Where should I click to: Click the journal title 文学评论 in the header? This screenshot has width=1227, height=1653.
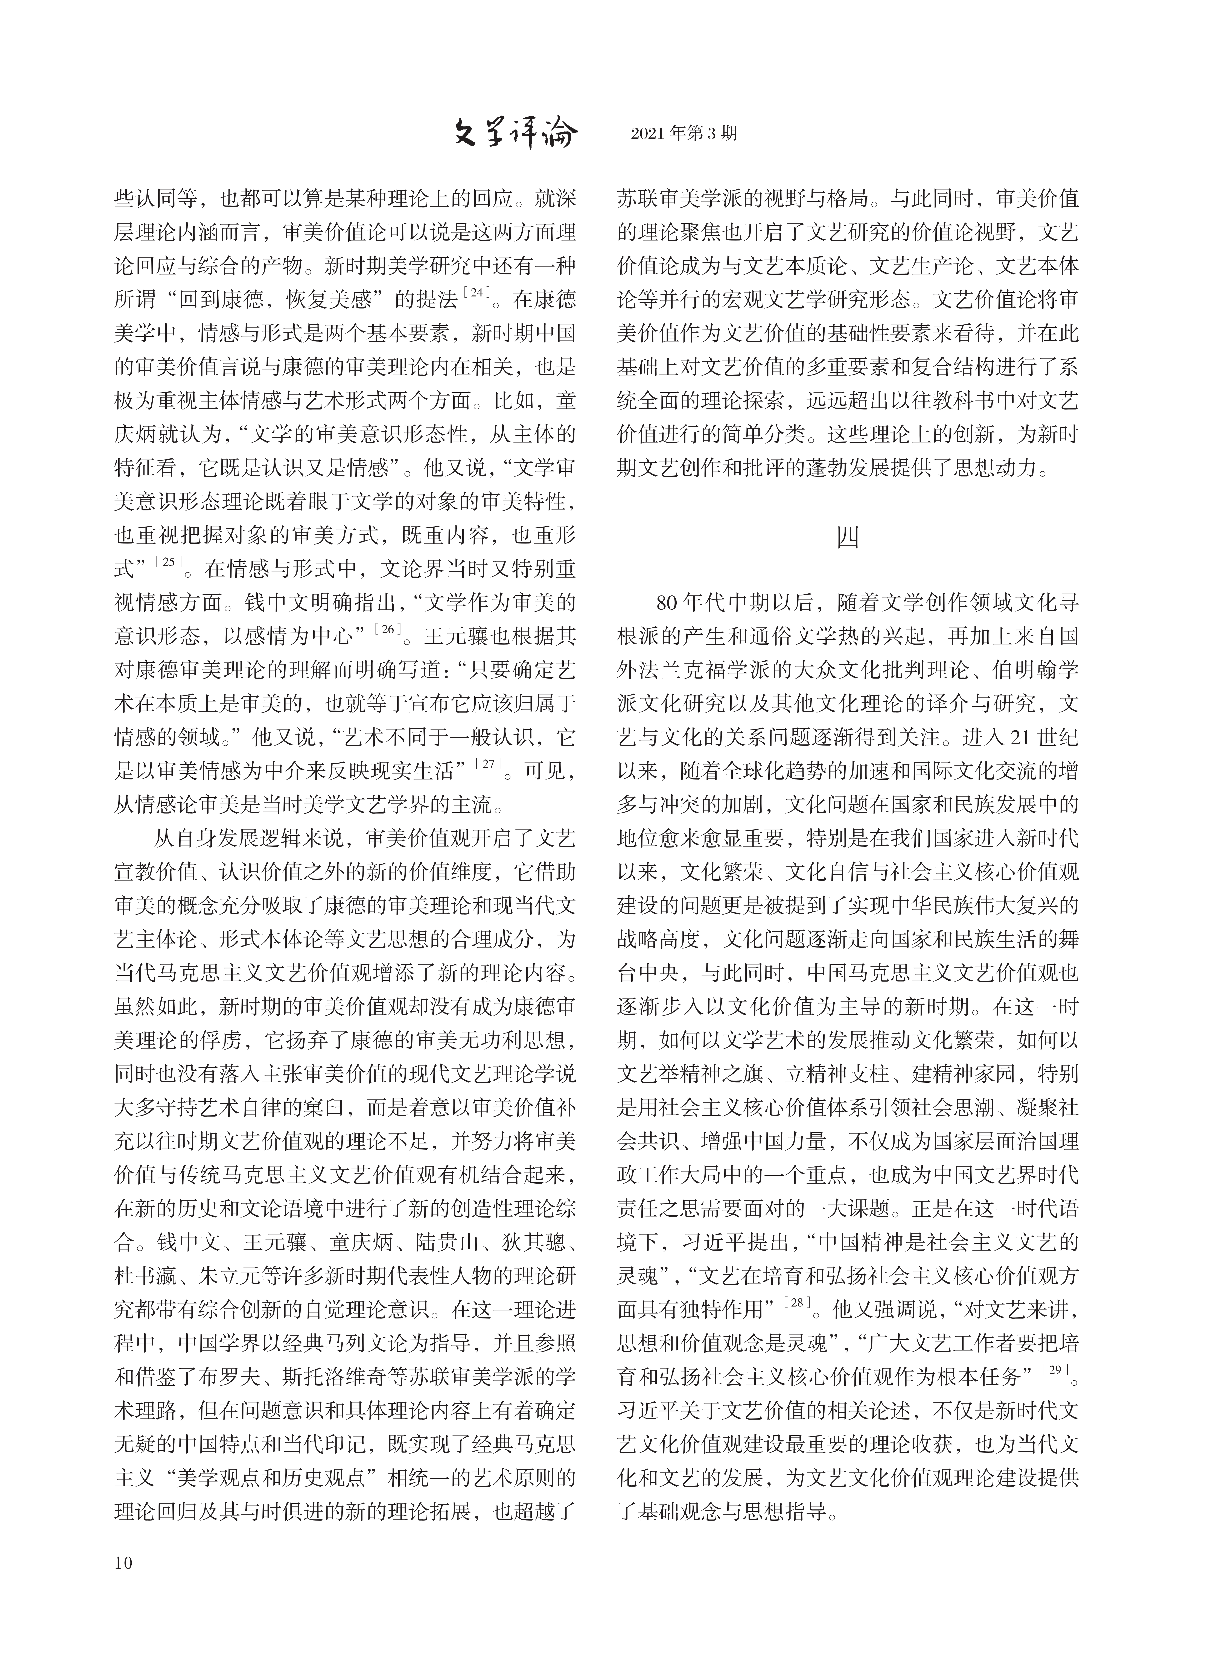(515, 134)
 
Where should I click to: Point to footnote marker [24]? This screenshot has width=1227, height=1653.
(475, 294)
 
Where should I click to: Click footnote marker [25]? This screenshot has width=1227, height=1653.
(168, 563)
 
